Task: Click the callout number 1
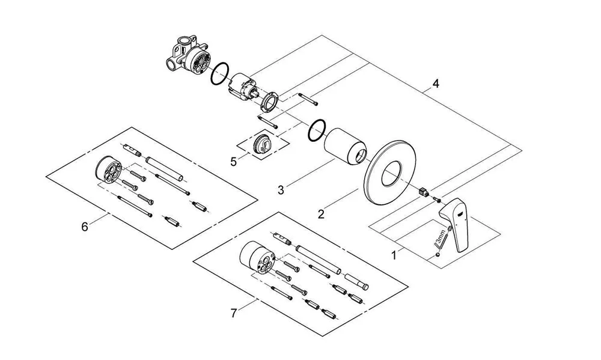(394, 255)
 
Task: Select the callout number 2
(322, 213)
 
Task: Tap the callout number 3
(281, 191)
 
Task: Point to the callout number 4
(436, 84)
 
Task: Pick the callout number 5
(234, 161)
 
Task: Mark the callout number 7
(234, 312)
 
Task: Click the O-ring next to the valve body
(220, 74)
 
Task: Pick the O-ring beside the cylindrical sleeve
(316, 130)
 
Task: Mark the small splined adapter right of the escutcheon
(424, 193)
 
